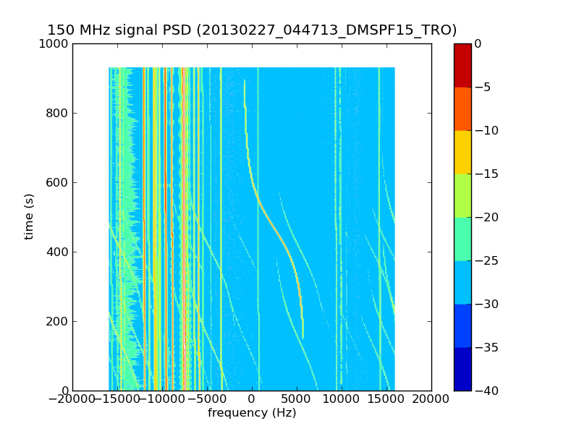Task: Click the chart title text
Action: tap(252, 30)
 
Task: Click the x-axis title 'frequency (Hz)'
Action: tap(252, 413)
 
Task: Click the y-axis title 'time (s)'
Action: tap(29, 216)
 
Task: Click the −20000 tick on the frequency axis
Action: tap(72, 399)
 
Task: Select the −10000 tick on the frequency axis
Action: tap(162, 399)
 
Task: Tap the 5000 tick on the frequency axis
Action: tap(297, 399)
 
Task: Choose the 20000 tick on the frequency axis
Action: tap(431, 399)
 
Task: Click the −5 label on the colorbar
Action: tap(483, 88)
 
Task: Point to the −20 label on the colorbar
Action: tap(486, 218)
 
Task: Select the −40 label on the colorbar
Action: tap(486, 391)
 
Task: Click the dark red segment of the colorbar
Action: tap(462, 65)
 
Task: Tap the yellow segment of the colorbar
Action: tap(462, 152)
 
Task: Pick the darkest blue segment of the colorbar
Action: tap(462, 369)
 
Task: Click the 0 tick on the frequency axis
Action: tap(252, 399)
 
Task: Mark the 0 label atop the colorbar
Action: tap(478, 44)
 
